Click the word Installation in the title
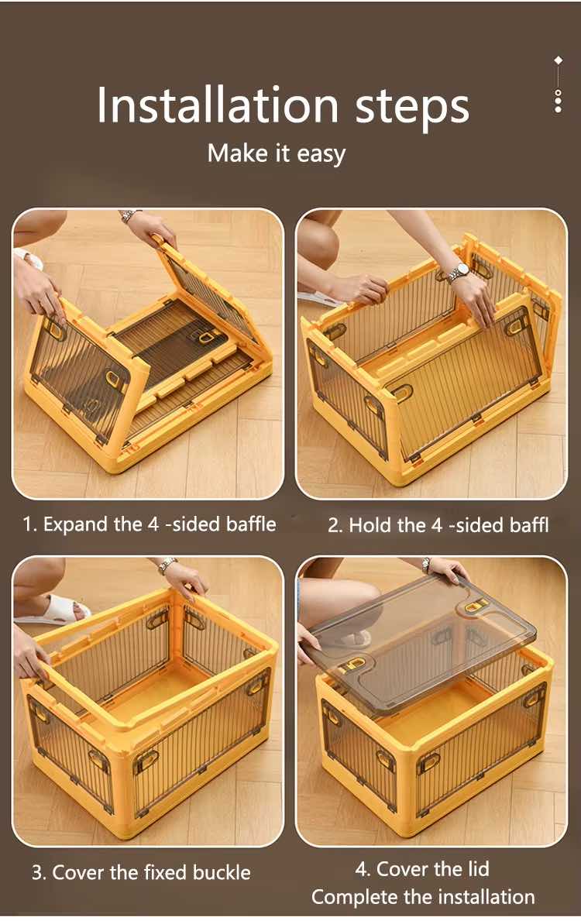(x=218, y=105)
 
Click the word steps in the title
(x=412, y=108)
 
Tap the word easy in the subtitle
(x=321, y=155)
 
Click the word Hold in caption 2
(x=371, y=524)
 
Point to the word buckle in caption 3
(x=222, y=872)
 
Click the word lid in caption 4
(x=478, y=868)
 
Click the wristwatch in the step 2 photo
(x=459, y=271)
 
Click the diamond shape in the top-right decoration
(x=558, y=60)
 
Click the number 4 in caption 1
(x=153, y=524)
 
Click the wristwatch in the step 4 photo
(x=426, y=565)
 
